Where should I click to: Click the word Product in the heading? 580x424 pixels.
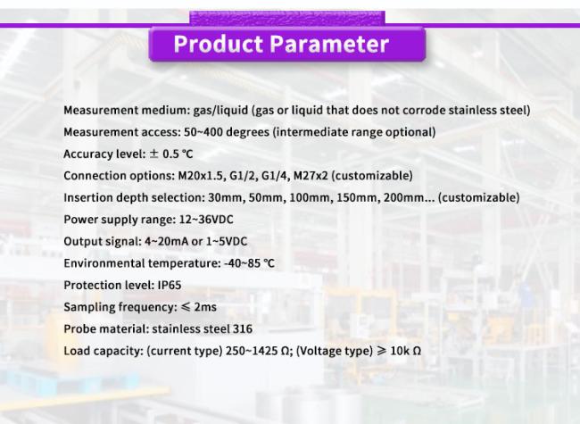tap(219, 44)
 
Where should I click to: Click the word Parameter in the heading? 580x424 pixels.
tap(329, 44)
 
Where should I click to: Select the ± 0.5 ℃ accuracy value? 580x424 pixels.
tap(171, 154)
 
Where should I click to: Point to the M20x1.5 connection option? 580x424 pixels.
tap(202, 175)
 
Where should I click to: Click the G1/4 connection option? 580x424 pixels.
tap(276, 175)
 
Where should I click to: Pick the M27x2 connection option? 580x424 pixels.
tap(311, 175)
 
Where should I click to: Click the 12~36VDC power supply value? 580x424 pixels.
tap(206, 220)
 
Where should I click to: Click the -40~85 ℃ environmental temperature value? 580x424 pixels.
tap(249, 263)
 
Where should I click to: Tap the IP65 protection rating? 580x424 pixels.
tap(170, 286)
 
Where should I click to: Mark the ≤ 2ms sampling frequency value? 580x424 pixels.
tap(199, 307)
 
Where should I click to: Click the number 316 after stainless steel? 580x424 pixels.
tap(243, 328)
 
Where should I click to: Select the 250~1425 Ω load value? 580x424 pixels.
tap(258, 351)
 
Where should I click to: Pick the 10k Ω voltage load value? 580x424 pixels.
tap(405, 351)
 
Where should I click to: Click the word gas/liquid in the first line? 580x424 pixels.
tap(220, 111)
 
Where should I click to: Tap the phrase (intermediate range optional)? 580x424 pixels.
tap(354, 132)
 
